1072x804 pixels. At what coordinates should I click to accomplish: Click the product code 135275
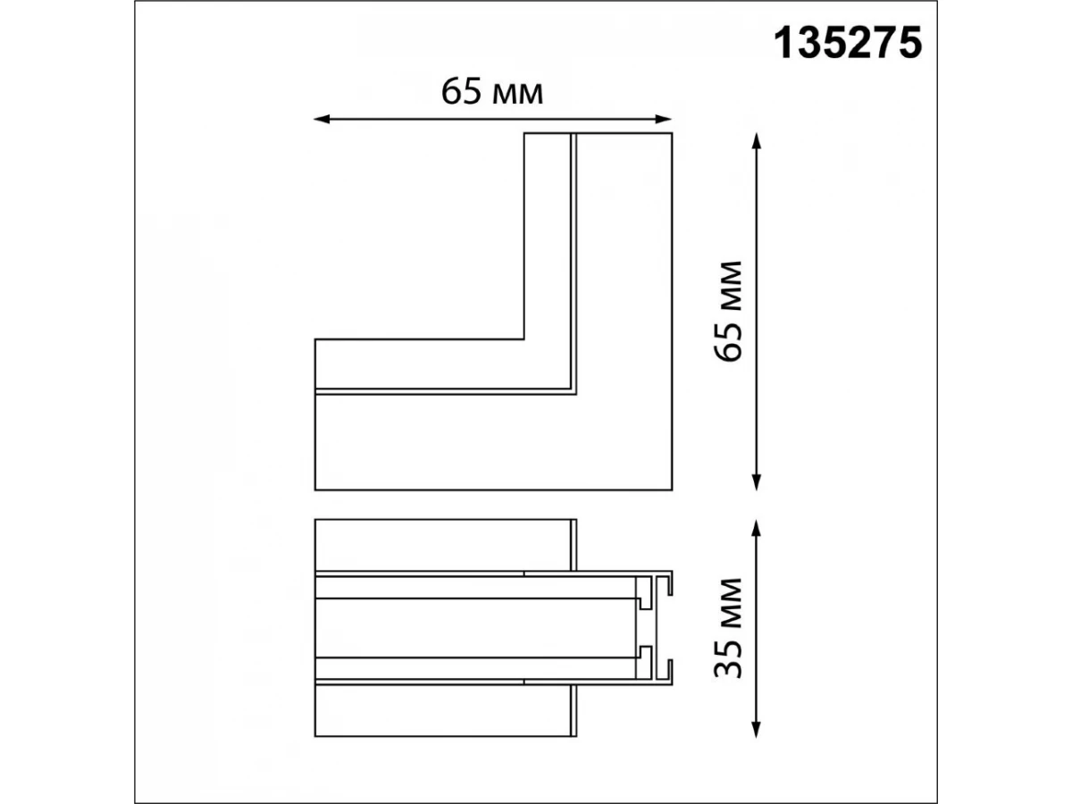[848, 44]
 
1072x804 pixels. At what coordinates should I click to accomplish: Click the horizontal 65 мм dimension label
[492, 92]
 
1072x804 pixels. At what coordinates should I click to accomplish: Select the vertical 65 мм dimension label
[728, 312]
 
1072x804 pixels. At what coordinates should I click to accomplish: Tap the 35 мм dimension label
[728, 628]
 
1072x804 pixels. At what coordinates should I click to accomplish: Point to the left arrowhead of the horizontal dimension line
[321, 119]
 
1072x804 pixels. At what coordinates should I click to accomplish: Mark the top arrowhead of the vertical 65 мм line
[756, 140]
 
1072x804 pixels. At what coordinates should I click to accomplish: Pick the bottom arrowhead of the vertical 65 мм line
[756, 482]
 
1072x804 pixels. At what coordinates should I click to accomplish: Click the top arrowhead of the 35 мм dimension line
[756, 528]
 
